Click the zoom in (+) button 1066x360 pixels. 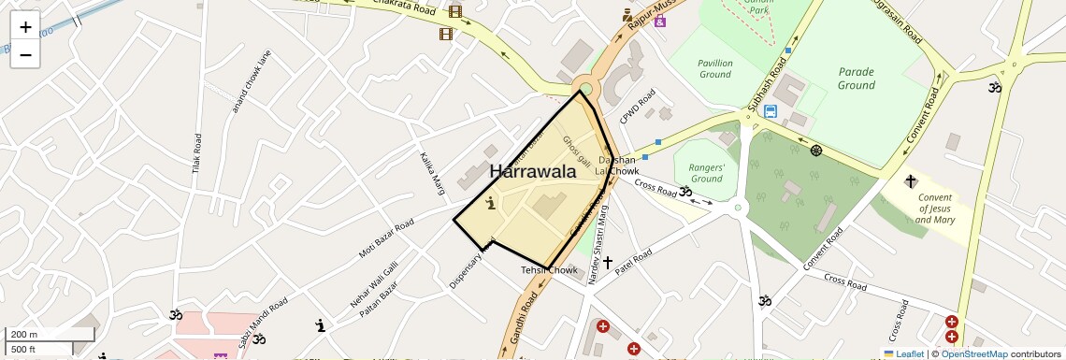pyautogui.click(x=25, y=27)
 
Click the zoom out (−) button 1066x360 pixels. pyautogui.click(x=25, y=55)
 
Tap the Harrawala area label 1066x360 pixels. pyautogui.click(x=532, y=171)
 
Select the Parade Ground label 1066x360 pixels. pyautogui.click(x=856, y=79)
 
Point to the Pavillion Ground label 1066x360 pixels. pyautogui.click(x=714, y=68)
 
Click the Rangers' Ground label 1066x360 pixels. pyautogui.click(x=707, y=173)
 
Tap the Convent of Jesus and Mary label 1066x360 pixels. pyautogui.click(x=935, y=209)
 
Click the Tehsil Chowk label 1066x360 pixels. pyautogui.click(x=550, y=270)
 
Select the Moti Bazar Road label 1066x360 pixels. pyautogui.click(x=385, y=239)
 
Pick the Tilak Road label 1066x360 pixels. pyautogui.click(x=197, y=154)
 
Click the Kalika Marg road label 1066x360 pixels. pyautogui.click(x=432, y=173)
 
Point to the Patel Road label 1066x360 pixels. pyautogui.click(x=633, y=269)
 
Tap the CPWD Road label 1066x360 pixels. pyautogui.click(x=639, y=107)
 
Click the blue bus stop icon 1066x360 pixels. pyautogui.click(x=770, y=111)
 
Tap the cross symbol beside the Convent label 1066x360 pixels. pyautogui.click(x=910, y=180)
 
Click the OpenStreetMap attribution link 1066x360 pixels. pyautogui.click(x=973, y=353)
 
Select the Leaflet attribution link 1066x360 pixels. pyautogui.click(x=903, y=353)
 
